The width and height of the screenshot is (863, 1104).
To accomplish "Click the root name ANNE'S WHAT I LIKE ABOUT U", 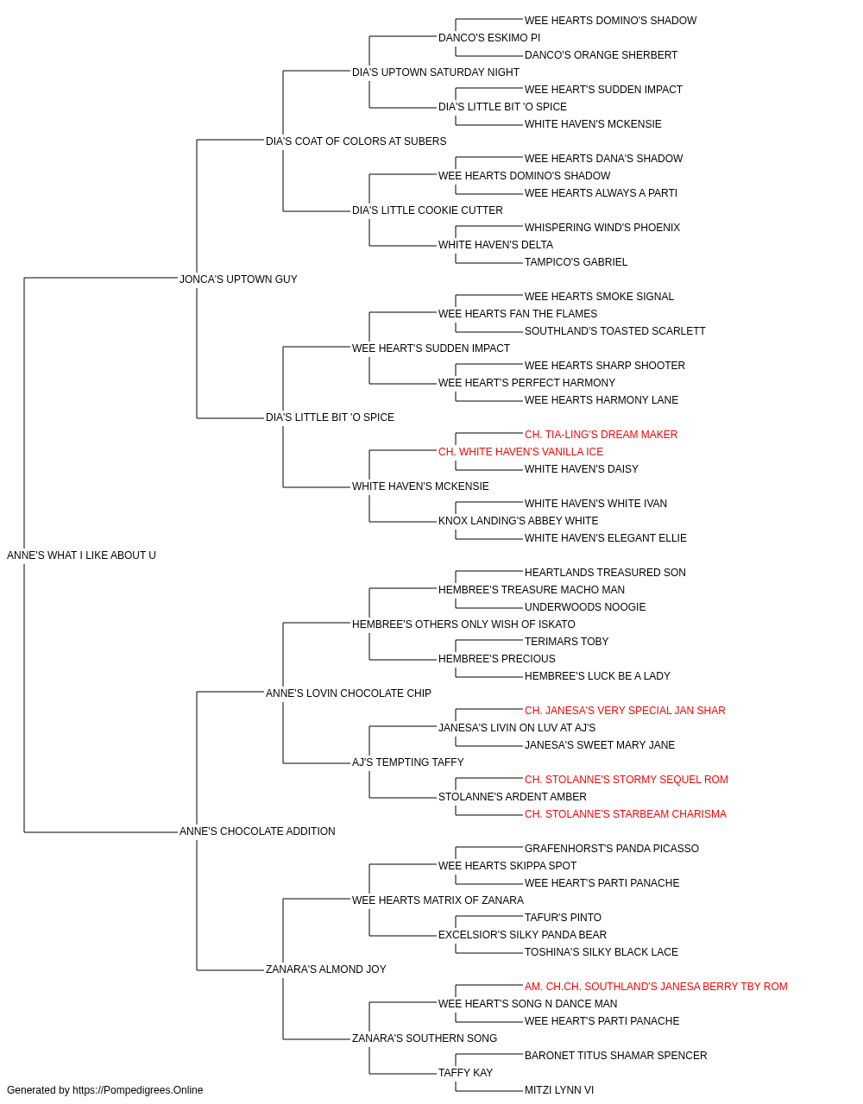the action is coord(81,555).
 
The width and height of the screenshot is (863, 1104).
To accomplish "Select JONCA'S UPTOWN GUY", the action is coord(238,279).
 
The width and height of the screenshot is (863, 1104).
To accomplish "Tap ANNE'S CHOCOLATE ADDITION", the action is coord(257,831).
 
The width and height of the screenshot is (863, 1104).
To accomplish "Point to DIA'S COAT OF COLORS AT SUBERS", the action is coord(356,141).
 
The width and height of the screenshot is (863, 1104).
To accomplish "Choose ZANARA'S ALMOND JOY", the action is coord(326,969).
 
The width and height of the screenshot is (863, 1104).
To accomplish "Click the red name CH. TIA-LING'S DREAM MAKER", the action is coord(601,435).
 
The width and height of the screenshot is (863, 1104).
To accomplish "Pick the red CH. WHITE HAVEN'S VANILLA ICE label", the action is coord(520,452).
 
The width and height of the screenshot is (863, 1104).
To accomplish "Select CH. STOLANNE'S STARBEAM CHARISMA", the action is coord(625,814).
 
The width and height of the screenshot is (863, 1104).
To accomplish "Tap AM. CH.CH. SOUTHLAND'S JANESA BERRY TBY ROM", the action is coord(656,987).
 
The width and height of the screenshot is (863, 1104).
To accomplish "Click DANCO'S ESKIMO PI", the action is coord(489,38).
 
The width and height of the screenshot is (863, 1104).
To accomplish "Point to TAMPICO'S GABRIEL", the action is coord(576,262).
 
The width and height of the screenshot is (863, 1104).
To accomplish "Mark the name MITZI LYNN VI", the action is coord(559,1090).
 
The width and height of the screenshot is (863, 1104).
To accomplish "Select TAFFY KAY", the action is coord(465,1072).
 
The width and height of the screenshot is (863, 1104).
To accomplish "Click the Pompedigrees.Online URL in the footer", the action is coord(138,1090).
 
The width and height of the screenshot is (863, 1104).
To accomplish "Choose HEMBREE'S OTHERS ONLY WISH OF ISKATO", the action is coord(463,624).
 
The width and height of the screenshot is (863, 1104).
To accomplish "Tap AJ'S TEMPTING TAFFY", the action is coord(407,762).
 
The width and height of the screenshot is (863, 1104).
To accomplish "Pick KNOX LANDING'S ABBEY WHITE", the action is coord(519,521).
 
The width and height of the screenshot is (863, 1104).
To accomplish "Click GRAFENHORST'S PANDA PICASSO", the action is coord(611,849).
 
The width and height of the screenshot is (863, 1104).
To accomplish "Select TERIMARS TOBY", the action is coord(566,642).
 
